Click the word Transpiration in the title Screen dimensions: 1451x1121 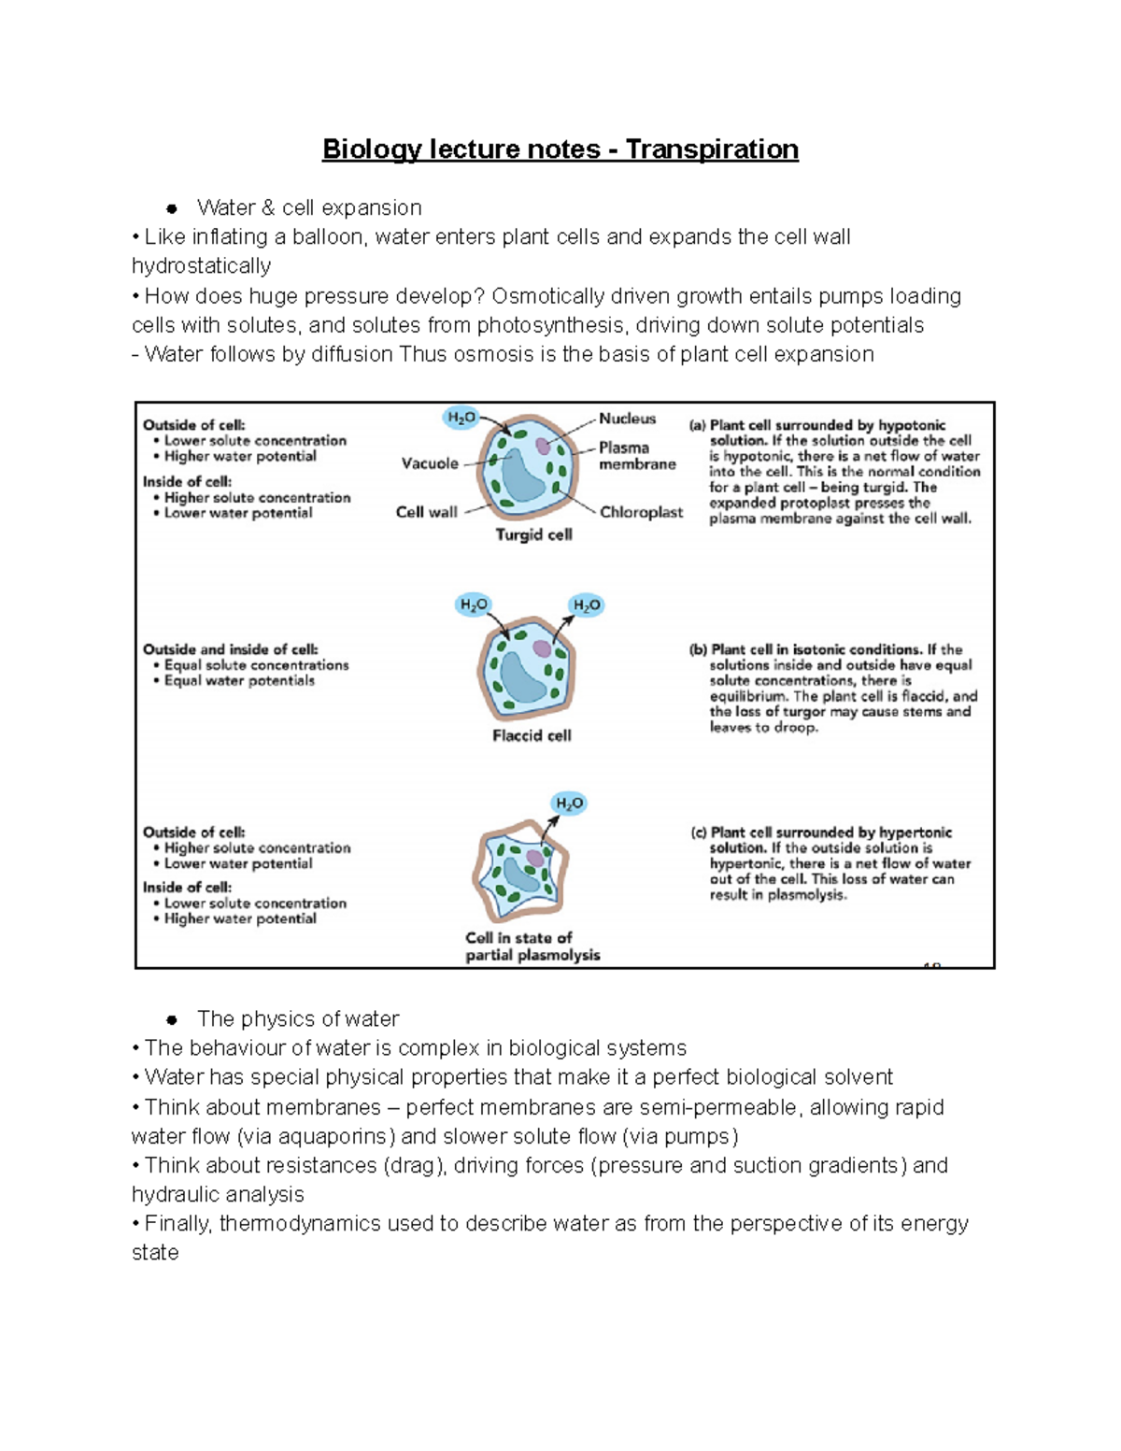click(712, 149)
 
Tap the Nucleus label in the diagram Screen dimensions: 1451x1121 click(627, 419)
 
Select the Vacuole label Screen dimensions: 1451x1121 click(430, 463)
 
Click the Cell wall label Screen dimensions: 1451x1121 click(426, 512)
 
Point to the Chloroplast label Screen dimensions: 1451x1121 click(641, 512)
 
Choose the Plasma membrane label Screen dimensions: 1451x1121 click(636, 456)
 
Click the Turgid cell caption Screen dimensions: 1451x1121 click(533, 534)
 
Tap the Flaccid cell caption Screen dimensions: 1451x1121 click(532, 735)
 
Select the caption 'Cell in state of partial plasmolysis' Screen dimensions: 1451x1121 click(532, 946)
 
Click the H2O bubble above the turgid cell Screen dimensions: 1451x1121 click(461, 418)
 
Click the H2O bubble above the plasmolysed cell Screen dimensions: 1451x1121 click(569, 804)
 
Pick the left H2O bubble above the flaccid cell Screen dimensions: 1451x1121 click(474, 605)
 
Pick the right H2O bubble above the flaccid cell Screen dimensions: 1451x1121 click(587, 605)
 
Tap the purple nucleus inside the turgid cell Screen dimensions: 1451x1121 click(543, 447)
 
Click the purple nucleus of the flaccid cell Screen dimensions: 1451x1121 click(542, 647)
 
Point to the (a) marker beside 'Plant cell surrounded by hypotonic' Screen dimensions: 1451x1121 click(697, 425)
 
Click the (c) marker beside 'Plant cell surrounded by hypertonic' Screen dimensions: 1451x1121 click(698, 832)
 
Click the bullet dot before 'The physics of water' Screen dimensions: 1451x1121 click(172, 1019)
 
